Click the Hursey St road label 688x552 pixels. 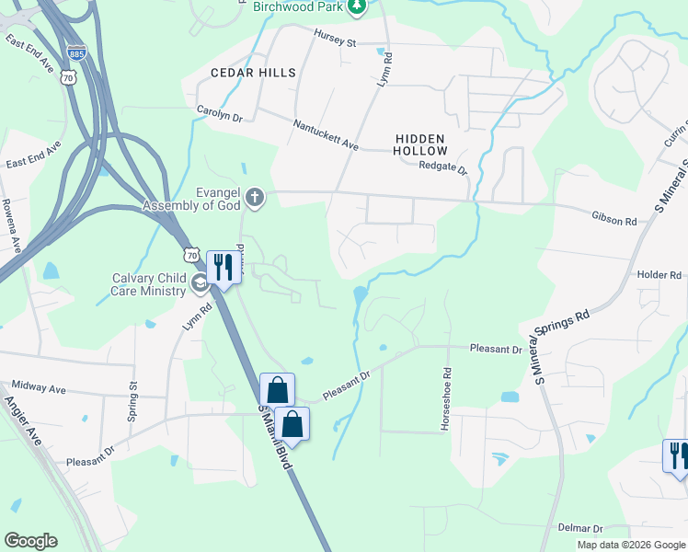pos(335,42)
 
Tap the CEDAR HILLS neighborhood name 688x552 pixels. pos(253,73)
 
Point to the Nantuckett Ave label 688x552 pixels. pos(326,134)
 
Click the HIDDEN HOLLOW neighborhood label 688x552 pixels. pos(420,144)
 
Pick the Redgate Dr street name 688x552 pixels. pos(443,167)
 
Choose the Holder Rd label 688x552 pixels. pos(658,274)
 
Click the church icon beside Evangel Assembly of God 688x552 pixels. pos(254,197)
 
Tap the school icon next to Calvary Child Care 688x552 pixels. pos(200,281)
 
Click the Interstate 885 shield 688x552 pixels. pos(76,53)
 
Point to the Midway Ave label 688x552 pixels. pos(40,389)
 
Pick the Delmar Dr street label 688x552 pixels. pos(580,529)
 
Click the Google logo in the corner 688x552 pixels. pos(30,541)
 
